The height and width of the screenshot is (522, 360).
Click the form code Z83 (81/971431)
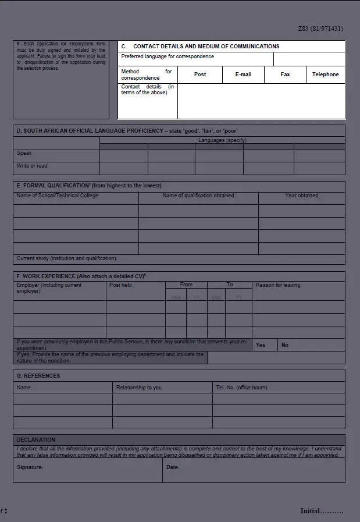(x=320, y=28)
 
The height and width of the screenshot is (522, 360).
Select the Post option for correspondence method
(x=200, y=74)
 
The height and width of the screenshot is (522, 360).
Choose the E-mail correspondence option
(x=243, y=74)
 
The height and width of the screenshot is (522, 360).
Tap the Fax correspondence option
(x=285, y=74)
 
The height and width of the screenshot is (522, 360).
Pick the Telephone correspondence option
(x=325, y=74)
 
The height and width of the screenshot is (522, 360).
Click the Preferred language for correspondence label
(x=167, y=57)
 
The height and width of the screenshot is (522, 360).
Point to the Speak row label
(x=24, y=154)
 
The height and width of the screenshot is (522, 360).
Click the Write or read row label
(x=32, y=166)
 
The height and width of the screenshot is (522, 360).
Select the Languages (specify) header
(x=222, y=140)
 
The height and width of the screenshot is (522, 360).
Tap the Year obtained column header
(x=301, y=196)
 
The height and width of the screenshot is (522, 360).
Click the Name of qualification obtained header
(x=198, y=196)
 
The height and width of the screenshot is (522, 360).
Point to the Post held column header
(x=120, y=285)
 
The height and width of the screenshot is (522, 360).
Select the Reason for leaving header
(x=278, y=285)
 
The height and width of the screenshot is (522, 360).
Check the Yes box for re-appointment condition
(x=261, y=345)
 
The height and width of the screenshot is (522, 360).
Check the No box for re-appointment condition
(x=285, y=345)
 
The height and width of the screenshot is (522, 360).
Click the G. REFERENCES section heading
(x=38, y=376)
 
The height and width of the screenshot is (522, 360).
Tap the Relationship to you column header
(x=139, y=388)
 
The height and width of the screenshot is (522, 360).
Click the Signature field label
(x=30, y=467)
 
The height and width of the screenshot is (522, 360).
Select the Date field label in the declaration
(x=173, y=467)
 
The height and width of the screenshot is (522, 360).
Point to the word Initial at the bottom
(x=310, y=511)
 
